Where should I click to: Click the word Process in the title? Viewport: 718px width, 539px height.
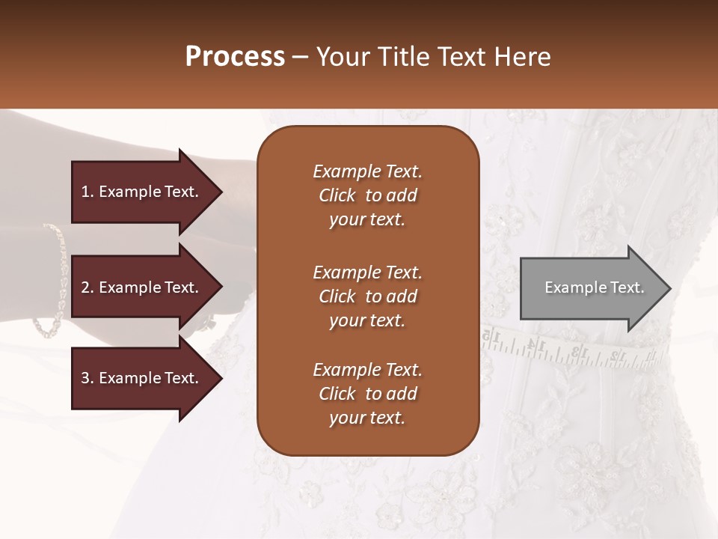(x=235, y=57)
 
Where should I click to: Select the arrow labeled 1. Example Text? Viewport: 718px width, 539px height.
(x=142, y=192)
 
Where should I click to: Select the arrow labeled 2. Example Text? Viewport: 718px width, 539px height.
(x=142, y=287)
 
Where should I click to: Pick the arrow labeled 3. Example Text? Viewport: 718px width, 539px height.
(x=142, y=378)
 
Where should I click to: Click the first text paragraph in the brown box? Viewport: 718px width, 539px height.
(x=367, y=195)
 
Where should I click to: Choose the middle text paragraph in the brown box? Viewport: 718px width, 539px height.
(x=367, y=296)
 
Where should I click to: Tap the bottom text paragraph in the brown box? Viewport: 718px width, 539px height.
(x=367, y=394)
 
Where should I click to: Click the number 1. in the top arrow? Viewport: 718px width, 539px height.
(x=88, y=192)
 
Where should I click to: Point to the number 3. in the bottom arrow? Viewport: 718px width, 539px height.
(x=88, y=378)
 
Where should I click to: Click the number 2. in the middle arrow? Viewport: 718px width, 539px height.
(x=88, y=287)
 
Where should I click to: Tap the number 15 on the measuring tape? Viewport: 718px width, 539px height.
(x=491, y=336)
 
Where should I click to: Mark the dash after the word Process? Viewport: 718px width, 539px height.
(x=300, y=57)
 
